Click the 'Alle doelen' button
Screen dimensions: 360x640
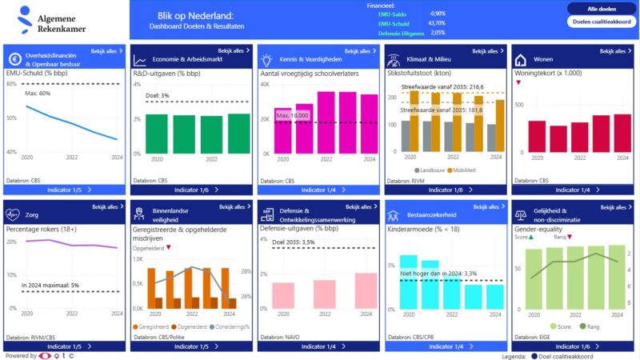click(x=601, y=9)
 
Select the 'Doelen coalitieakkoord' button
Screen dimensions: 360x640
click(x=601, y=22)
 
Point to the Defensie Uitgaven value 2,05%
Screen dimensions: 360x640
click(x=438, y=33)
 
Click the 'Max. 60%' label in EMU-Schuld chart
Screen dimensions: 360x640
click(x=38, y=93)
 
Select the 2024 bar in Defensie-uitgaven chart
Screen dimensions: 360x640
click(x=365, y=290)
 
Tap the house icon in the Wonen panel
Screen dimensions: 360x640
click(x=520, y=60)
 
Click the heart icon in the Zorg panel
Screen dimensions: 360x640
click(x=13, y=214)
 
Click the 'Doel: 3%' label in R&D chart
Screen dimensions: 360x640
click(x=157, y=96)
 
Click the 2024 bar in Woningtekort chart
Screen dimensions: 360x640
click(x=622, y=133)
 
